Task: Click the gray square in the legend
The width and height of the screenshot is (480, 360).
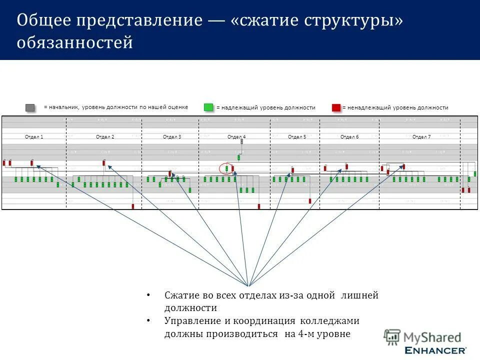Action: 30,107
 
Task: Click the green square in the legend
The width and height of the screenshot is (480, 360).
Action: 208,107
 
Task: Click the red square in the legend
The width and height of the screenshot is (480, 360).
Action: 336,107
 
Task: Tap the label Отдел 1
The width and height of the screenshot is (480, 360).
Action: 34,137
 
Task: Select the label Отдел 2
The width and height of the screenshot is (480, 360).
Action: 105,137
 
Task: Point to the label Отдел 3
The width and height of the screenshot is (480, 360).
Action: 172,137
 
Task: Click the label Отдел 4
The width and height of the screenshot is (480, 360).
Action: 236,137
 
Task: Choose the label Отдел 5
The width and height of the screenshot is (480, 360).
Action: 297,137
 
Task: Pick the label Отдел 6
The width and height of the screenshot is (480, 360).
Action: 349,137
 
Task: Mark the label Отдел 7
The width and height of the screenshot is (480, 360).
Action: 421,137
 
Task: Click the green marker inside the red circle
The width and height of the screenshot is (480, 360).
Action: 226,168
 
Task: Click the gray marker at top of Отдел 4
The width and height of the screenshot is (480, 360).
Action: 241,141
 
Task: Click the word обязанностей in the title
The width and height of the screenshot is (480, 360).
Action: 75,43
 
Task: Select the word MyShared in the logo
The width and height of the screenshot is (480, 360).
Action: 432,338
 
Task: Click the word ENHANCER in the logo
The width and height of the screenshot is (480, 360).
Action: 435,350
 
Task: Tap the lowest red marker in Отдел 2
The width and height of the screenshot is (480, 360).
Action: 133,205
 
